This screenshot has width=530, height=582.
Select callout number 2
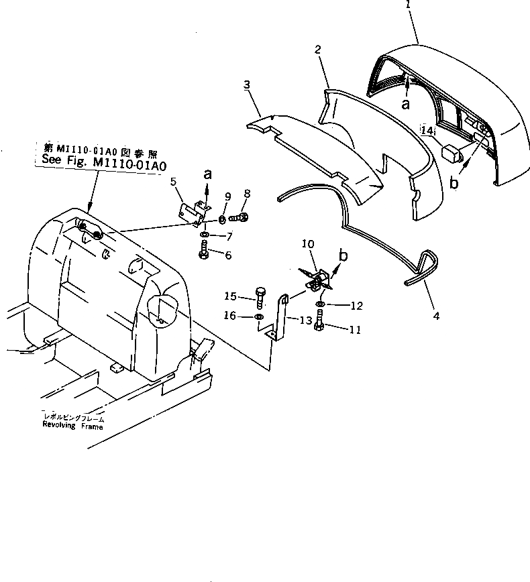(x=318, y=49)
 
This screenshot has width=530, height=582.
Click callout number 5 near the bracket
(x=173, y=180)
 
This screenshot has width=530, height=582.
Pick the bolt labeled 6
(x=204, y=254)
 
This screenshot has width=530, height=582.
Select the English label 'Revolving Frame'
(x=74, y=425)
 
